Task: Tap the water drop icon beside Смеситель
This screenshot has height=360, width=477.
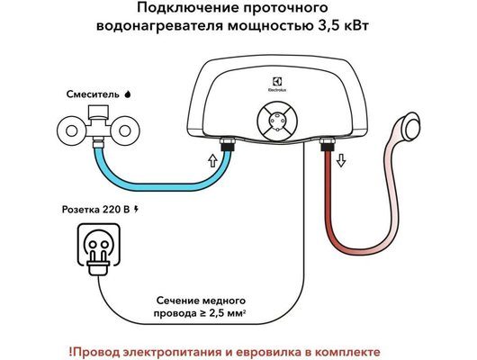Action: [x=127, y=92]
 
